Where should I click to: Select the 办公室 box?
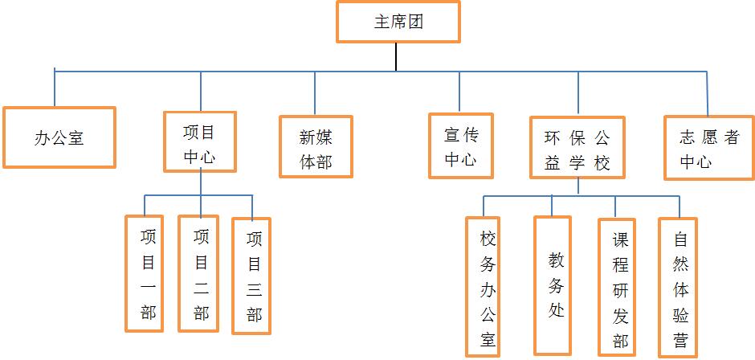pos(59,137)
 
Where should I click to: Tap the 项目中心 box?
pos(200,141)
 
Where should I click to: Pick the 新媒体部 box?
pos(316,147)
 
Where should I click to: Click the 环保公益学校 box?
pos(577,148)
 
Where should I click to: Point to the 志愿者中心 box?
pos(708,148)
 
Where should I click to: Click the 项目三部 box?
pos(254,276)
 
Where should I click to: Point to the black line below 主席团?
pos(397,56)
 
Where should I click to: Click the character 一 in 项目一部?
pos(148,287)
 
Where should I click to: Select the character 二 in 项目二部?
pos(201,287)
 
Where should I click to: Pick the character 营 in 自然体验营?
pos(680,339)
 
